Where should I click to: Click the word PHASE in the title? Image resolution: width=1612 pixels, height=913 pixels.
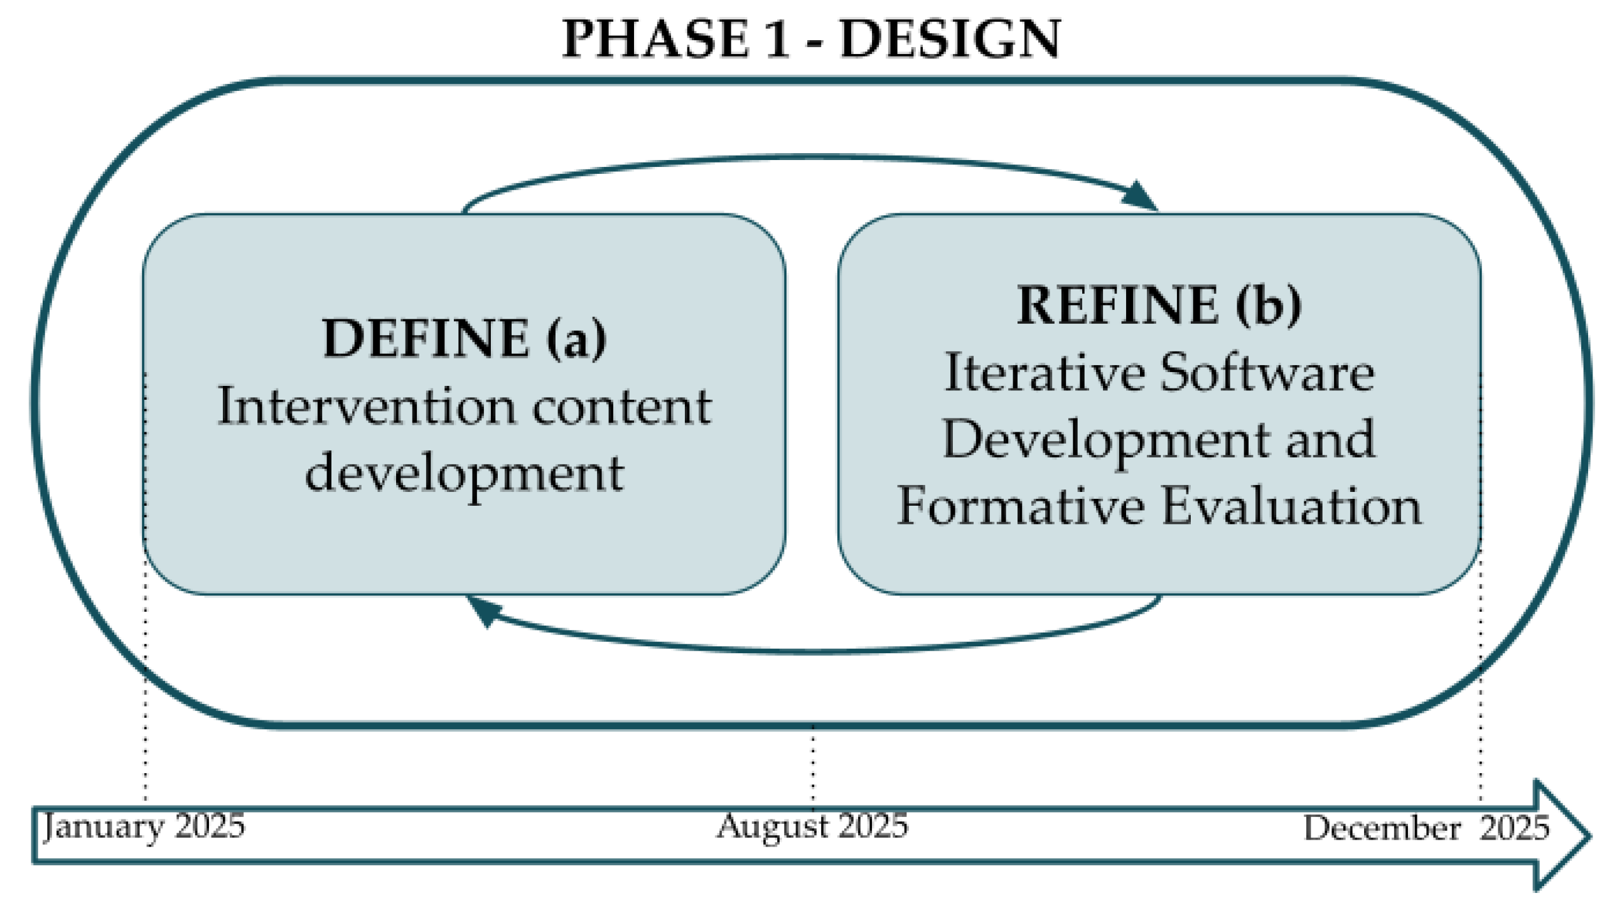click(x=655, y=39)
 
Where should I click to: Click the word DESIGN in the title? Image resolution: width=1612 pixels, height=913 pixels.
click(x=950, y=39)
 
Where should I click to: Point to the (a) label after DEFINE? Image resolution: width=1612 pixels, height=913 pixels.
click(x=576, y=339)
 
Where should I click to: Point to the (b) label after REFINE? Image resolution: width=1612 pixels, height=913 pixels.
click(x=1269, y=306)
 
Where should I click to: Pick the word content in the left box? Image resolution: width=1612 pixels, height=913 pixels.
click(x=621, y=407)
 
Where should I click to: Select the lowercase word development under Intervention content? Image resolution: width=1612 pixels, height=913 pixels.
click(x=465, y=474)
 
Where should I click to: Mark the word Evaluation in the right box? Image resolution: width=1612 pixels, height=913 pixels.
click(x=1291, y=506)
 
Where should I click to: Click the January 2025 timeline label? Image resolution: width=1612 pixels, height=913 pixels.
click(x=144, y=826)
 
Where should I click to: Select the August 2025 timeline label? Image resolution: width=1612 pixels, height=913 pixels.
click(x=812, y=826)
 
